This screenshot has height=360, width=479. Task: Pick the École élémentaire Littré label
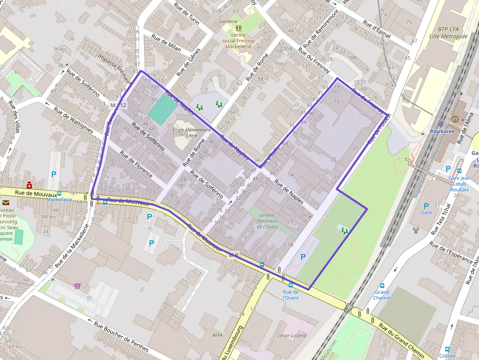pyautogui.click(x=192, y=132)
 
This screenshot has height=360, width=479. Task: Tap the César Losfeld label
pyautogui.click(x=292, y=336)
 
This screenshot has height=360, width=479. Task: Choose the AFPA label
pyautogui.click(x=218, y=335)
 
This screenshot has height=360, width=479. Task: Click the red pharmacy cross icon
pyautogui.click(x=30, y=185)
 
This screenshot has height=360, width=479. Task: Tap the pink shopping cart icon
pyautogui.click(x=77, y=286)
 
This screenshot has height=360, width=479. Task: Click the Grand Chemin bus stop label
pyautogui.click(x=382, y=295)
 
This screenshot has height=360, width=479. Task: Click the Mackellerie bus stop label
pyautogui.click(x=60, y=199)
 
